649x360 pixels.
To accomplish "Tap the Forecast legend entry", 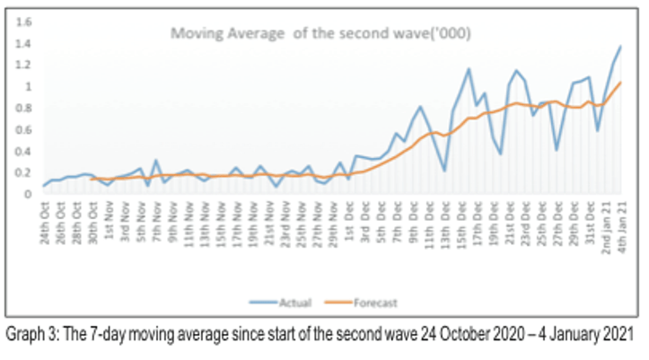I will pos(375,303).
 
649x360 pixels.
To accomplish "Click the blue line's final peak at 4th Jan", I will pos(620,46).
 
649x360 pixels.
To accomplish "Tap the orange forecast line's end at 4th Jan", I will pos(620,83).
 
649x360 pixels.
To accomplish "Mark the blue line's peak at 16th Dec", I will pos(469,68).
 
